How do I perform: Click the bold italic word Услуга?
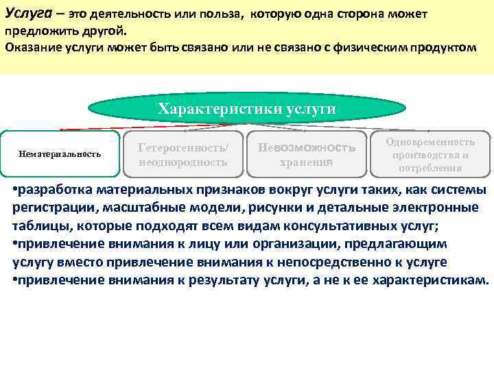[24, 14]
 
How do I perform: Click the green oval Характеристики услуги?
[246, 109]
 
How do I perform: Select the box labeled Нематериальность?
[60, 153]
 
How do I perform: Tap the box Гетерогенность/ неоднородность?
[183, 154]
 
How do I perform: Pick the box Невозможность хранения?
[306, 154]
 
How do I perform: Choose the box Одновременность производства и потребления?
[430, 154]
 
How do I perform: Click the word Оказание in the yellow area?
[30, 47]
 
